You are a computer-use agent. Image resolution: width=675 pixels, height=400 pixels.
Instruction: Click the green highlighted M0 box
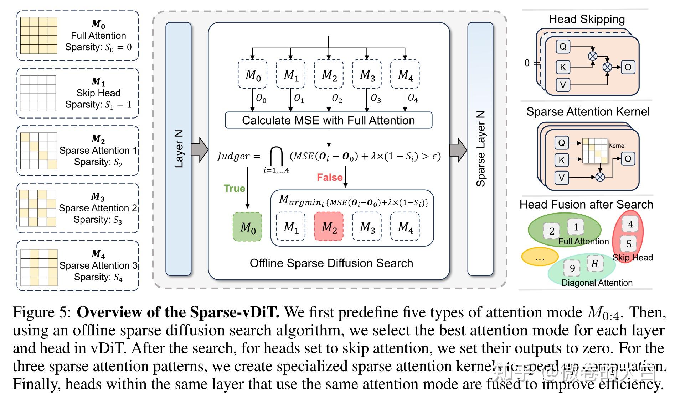tap(247, 227)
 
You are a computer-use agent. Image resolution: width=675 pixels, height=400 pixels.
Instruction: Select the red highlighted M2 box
tap(329, 227)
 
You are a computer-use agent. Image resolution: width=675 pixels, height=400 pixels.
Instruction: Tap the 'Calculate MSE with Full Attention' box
tap(328, 120)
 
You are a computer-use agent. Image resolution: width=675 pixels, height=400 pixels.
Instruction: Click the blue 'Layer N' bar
tap(179, 149)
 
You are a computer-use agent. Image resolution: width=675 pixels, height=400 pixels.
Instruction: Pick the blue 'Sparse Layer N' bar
tap(480, 149)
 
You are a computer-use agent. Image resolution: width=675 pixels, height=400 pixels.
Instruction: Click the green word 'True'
tap(234, 188)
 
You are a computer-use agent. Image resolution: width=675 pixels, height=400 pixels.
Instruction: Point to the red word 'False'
tap(329, 177)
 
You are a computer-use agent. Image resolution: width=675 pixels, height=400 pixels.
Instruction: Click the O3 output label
tap(376, 98)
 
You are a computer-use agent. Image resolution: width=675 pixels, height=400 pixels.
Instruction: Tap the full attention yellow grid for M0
tap(38, 35)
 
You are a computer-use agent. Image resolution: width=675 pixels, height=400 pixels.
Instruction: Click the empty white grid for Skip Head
tap(38, 93)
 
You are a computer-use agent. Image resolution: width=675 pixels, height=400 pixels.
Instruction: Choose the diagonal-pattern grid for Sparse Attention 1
tap(38, 151)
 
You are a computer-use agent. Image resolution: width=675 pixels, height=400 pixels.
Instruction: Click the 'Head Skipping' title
tap(587, 19)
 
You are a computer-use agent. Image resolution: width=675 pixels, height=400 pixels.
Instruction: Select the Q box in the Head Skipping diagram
tap(563, 47)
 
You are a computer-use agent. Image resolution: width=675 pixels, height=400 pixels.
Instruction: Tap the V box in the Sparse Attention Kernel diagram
tap(562, 177)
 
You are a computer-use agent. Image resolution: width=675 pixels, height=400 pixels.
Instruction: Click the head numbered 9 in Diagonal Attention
tap(572, 268)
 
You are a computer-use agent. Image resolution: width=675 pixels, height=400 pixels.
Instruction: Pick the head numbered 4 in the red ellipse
tap(630, 224)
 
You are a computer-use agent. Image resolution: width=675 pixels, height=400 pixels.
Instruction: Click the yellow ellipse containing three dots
tap(540, 257)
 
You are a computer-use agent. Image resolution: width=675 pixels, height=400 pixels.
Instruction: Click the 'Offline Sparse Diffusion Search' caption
tap(331, 263)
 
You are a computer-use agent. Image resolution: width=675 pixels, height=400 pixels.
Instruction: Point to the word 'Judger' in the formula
tap(233, 156)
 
